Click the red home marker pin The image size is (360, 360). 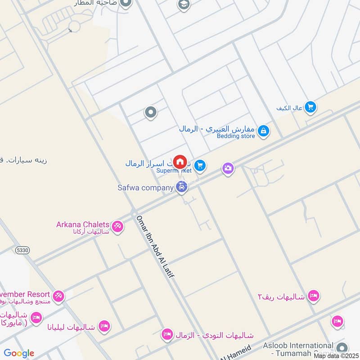(180, 162)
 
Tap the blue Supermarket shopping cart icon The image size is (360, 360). (201, 166)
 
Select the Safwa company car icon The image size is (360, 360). (181, 187)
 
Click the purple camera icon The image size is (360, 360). (228, 168)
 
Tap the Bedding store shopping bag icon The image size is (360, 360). (264, 131)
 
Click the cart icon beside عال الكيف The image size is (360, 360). (310, 107)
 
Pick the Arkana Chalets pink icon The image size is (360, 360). (118, 226)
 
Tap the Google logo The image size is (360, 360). (18, 353)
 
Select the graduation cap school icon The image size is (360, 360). (184, 4)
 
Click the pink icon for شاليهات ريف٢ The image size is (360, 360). (314, 296)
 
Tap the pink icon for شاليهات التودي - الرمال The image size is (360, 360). (167, 334)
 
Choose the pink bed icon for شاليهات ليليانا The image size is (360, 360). (104, 326)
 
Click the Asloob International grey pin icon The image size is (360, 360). (342, 348)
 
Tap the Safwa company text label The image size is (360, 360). (145, 188)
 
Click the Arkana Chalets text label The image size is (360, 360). (83, 224)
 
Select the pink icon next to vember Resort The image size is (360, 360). (58, 296)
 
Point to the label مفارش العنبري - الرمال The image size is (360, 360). (217, 129)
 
